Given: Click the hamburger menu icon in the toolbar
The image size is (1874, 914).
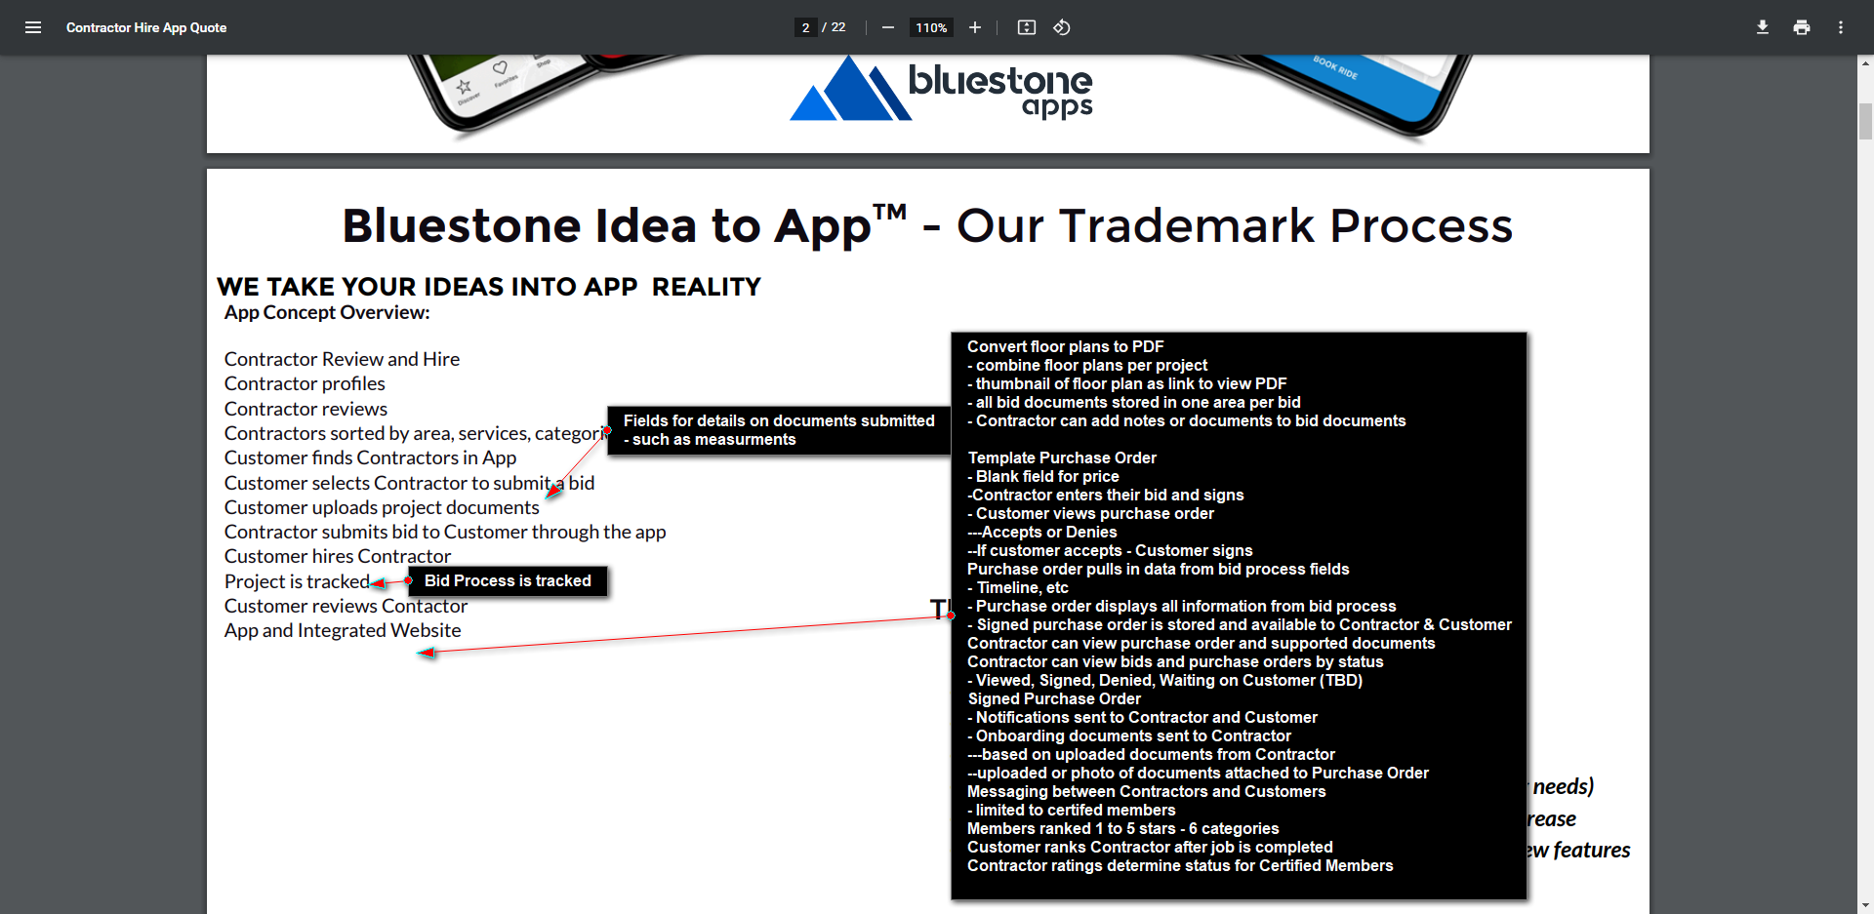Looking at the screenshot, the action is coord(33,27).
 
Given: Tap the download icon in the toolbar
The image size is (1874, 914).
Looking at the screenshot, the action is coord(1763,27).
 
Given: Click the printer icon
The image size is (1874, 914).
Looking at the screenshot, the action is coord(1802,27).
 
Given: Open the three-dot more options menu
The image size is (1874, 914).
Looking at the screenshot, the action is coord(1841,27).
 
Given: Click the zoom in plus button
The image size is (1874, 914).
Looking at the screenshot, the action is coord(974,27).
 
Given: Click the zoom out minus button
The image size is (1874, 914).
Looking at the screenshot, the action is coord(888,27).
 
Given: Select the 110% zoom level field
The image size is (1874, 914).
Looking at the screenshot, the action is coord(931,27).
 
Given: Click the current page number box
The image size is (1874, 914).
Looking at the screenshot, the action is coord(805,27).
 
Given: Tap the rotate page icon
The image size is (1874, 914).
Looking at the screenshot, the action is coord(1062,27).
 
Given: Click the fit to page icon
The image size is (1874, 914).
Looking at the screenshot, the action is coord(1027,27).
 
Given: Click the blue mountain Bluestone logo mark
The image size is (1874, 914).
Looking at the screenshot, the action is coord(850,89).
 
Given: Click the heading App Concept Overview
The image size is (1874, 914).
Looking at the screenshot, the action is coord(327,312).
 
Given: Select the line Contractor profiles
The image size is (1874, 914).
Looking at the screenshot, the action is coord(305,383).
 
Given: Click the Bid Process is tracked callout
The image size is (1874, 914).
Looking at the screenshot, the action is coord(508,580).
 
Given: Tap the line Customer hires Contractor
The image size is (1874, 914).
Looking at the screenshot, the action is coord(338,556).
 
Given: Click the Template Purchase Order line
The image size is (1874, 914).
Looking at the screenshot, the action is coord(1062,457).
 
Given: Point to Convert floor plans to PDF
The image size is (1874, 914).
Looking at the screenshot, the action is coord(1066,346).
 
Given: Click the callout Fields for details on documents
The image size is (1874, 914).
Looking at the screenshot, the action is coord(779,430).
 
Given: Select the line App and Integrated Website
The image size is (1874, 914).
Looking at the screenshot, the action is coord(343,630).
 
